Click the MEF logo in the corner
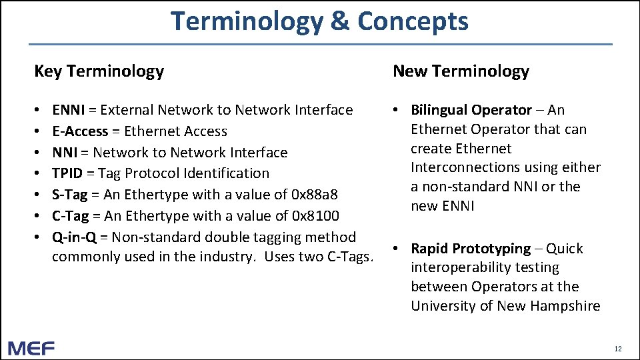[31, 348]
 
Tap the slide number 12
[618, 349]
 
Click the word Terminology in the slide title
[247, 21]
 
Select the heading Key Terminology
[99, 71]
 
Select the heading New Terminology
[461, 71]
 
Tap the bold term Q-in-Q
[74, 237]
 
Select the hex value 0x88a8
[315, 195]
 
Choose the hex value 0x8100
[316, 216]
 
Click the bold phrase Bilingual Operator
[471, 110]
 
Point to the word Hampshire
[567, 306]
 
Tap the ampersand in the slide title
[339, 21]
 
